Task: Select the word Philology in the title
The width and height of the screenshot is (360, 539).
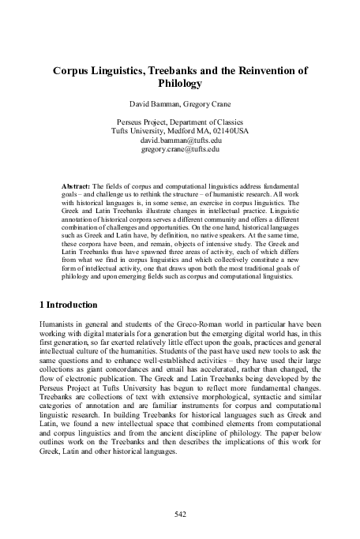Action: pyautogui.click(x=180, y=82)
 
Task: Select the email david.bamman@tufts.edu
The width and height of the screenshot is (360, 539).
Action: pyautogui.click(x=179, y=140)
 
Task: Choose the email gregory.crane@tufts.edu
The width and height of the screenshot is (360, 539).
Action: pyautogui.click(x=179, y=148)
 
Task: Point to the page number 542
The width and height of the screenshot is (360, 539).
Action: pyautogui.click(x=179, y=514)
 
